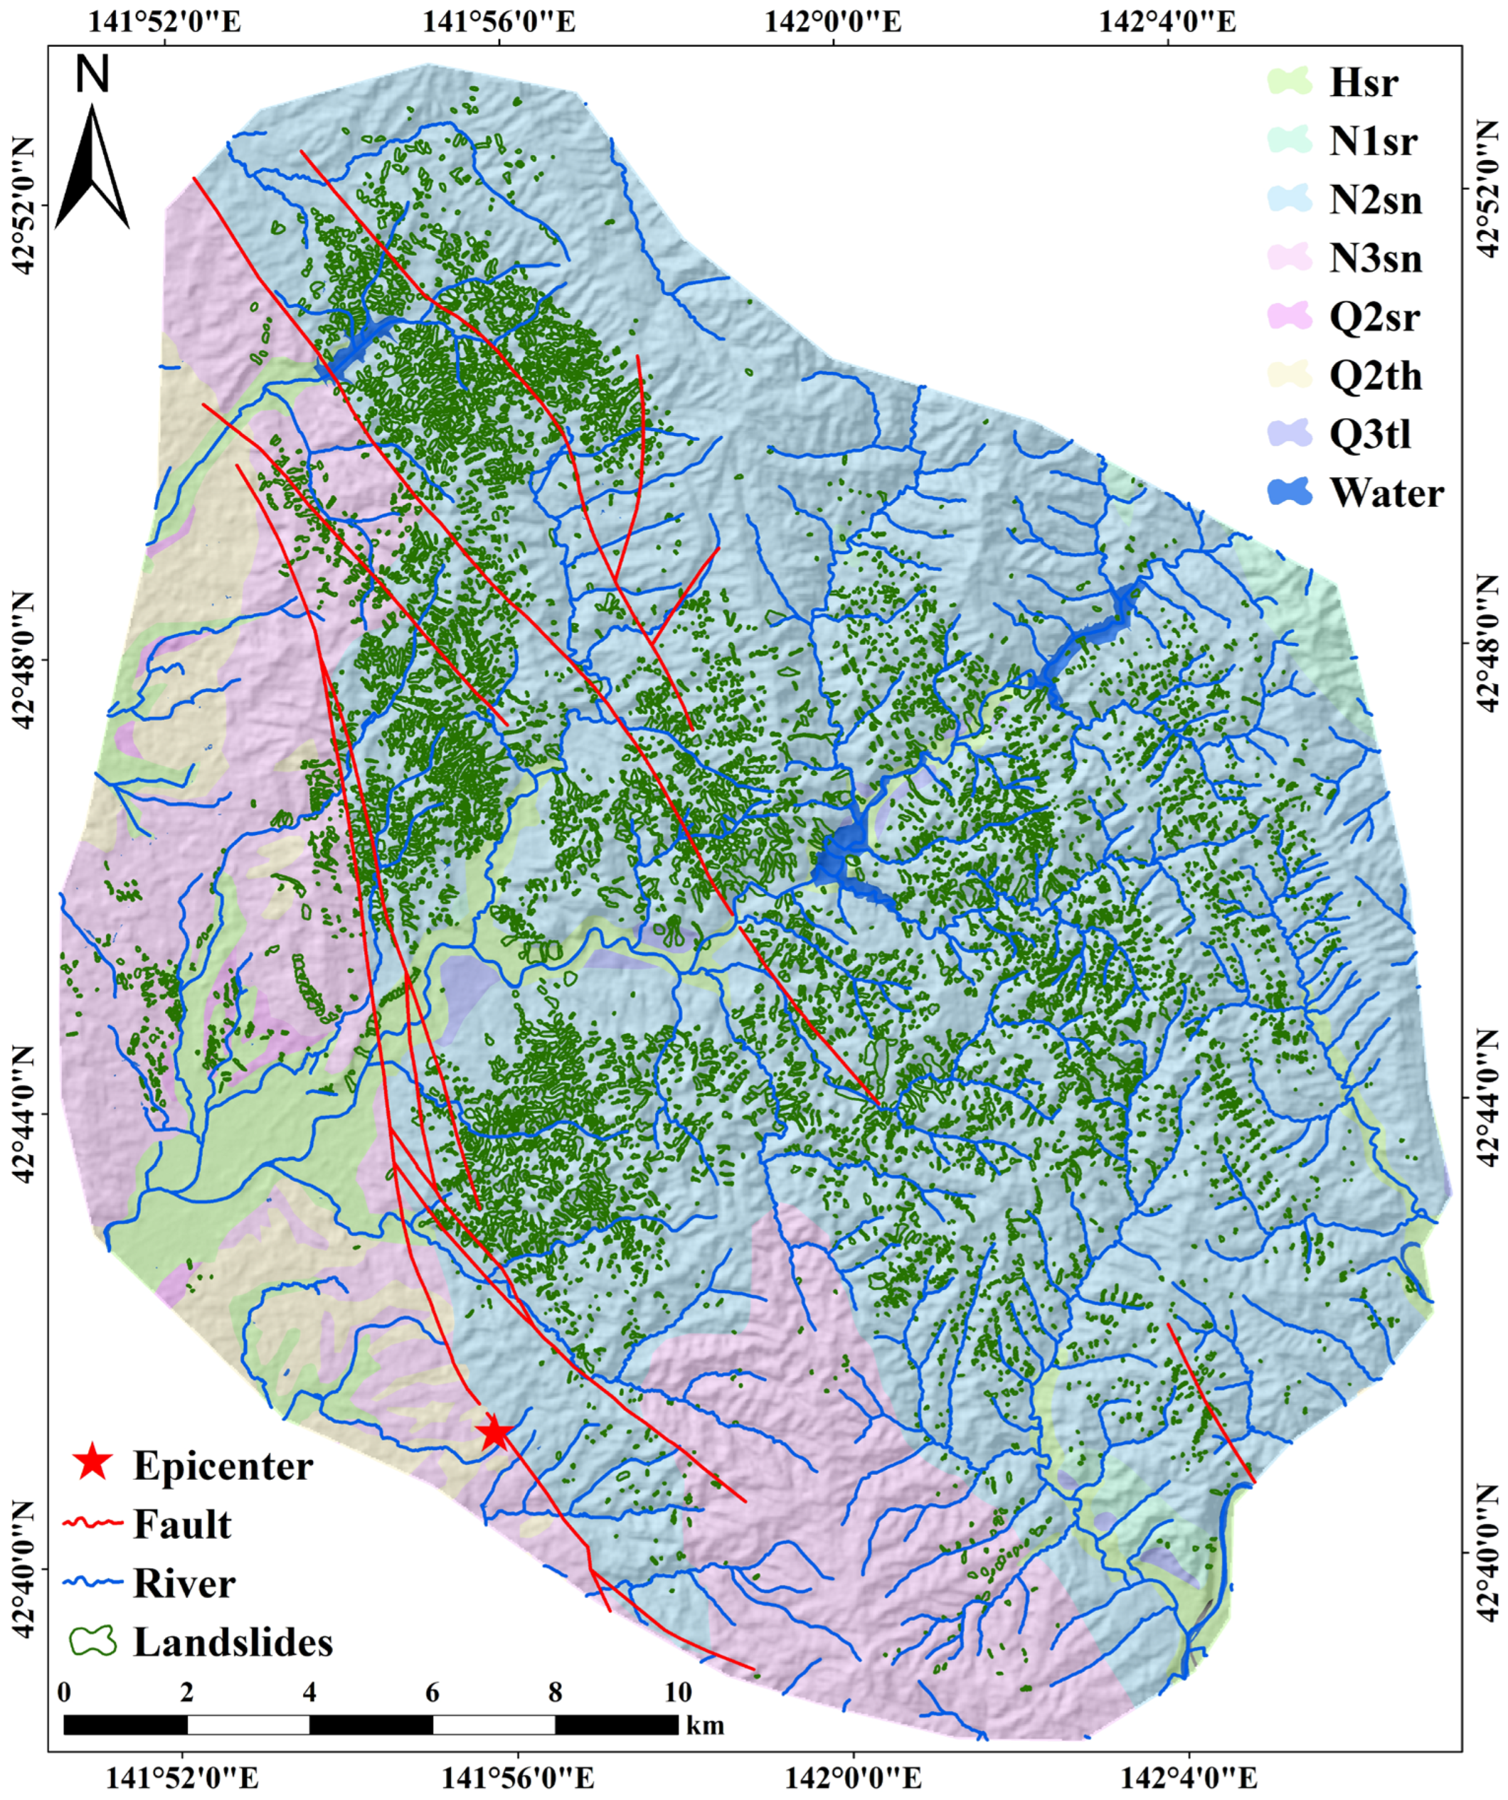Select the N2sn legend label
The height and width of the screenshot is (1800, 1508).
point(1375,200)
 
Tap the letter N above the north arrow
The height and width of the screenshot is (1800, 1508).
point(92,75)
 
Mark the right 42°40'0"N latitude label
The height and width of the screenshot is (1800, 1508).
point(1486,1556)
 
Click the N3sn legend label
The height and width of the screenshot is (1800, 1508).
point(1375,258)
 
